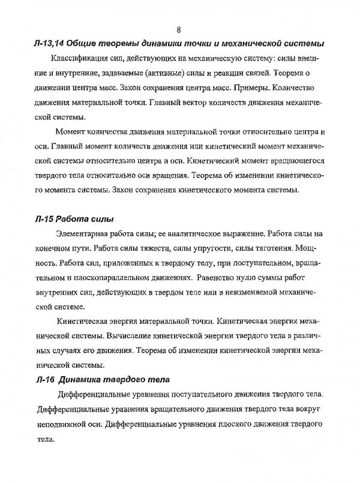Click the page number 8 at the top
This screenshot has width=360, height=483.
tap(179, 30)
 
